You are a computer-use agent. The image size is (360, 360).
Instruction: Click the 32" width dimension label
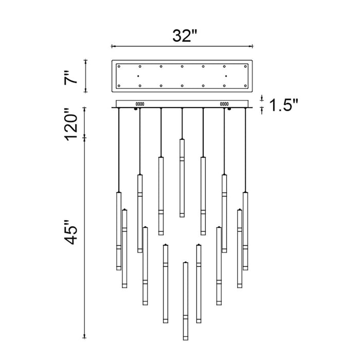point(185,36)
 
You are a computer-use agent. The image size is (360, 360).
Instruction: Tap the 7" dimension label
point(71,78)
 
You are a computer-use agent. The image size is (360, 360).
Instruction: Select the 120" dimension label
point(71,124)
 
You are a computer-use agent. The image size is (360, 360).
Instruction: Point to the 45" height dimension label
point(71,232)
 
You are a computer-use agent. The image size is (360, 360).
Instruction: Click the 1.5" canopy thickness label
point(283,105)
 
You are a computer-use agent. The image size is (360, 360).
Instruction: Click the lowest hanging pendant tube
point(186,301)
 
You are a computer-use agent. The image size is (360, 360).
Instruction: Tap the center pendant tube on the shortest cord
point(182,178)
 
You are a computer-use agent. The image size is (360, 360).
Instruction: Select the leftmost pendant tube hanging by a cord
point(119,231)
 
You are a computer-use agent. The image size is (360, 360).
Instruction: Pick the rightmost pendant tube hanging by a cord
point(245,231)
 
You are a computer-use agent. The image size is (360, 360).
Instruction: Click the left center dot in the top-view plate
point(138,76)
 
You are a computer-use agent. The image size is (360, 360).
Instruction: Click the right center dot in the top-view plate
point(226,76)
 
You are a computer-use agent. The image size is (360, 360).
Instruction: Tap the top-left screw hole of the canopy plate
point(119,66)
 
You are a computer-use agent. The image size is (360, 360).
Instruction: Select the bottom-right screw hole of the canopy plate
point(245,86)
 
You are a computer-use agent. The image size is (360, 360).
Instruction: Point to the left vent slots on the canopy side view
point(140,104)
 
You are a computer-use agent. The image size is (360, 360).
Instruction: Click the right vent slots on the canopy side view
point(224,104)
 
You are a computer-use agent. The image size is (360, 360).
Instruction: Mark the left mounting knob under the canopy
point(136,109)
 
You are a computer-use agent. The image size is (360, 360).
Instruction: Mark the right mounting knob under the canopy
point(229,109)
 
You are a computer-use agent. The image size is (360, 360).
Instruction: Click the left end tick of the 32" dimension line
point(112,46)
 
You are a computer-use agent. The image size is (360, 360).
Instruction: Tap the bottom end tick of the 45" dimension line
point(84,338)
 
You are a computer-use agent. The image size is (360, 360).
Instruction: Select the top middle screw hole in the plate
point(182,66)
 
